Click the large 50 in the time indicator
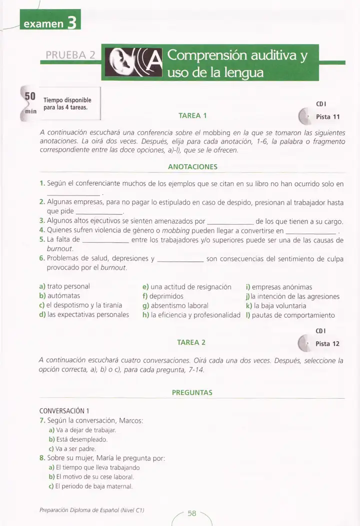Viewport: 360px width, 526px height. (x=30, y=96)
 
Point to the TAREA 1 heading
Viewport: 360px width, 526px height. (x=192, y=116)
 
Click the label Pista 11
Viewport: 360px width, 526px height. (x=328, y=117)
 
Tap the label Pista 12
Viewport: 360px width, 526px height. (x=328, y=344)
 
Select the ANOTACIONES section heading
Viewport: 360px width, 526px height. (x=192, y=167)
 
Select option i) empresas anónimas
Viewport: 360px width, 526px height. (x=279, y=287)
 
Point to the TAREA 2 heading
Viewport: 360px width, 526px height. (x=191, y=342)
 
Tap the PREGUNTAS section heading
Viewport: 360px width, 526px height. (x=192, y=392)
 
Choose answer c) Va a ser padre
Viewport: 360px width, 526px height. (x=72, y=449)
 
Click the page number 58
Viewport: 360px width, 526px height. (x=192, y=513)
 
